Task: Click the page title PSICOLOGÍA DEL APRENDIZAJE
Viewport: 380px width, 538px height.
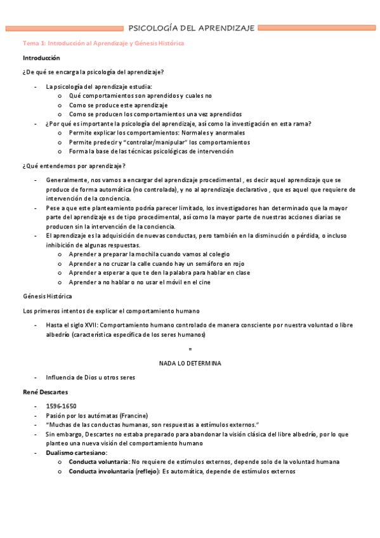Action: (x=192, y=28)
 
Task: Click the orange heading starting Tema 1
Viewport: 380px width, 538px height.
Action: (x=103, y=44)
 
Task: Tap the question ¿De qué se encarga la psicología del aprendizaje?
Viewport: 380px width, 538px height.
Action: (x=93, y=72)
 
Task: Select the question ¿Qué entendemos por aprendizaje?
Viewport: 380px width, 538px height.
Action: (x=74, y=166)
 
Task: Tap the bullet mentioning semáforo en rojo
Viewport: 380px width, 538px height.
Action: (x=157, y=263)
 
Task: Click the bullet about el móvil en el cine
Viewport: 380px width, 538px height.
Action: (x=140, y=282)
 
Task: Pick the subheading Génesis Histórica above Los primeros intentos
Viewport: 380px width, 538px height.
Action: (x=47, y=296)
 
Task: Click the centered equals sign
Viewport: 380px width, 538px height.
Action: (x=190, y=349)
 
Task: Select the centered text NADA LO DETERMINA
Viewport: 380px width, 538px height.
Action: (x=190, y=363)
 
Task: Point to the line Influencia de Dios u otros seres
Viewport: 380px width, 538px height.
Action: (x=90, y=377)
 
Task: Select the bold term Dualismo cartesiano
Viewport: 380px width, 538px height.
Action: (x=76, y=453)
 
